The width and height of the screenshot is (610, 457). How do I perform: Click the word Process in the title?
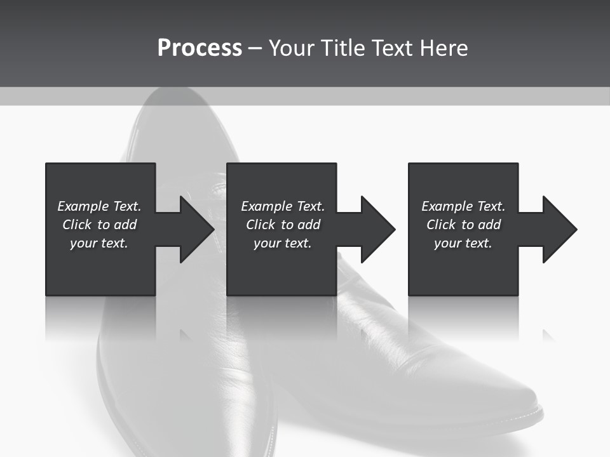tap(200, 48)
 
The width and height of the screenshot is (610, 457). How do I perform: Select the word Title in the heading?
tap(342, 48)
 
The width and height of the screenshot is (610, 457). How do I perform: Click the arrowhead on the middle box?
tap(377, 229)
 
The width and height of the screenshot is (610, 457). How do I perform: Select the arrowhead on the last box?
tap(559, 229)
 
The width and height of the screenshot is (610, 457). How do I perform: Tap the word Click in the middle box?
tap(261, 225)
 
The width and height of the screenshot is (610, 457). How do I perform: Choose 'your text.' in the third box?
tap(463, 243)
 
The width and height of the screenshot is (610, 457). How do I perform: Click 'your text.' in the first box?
tap(99, 243)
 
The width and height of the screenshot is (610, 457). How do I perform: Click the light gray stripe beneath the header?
tap(305, 96)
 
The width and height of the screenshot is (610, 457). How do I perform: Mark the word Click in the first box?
tap(77, 225)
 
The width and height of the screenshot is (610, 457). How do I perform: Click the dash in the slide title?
tap(255, 48)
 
